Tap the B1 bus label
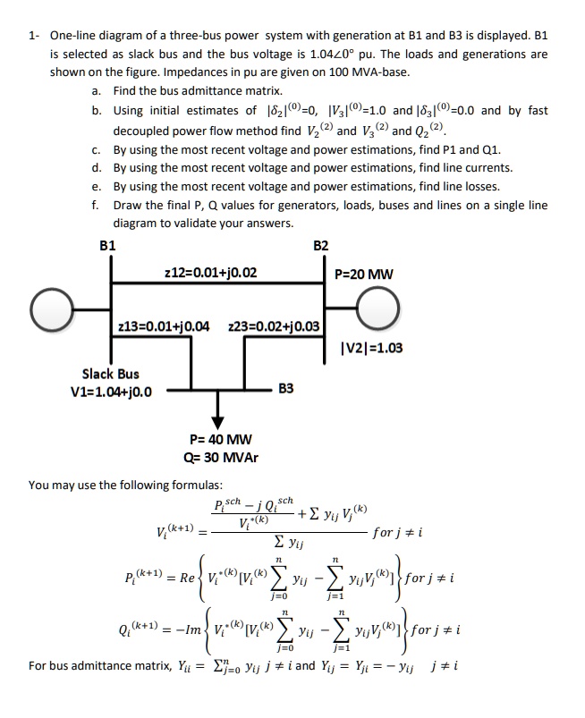pyautogui.click(x=107, y=243)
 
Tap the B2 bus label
pyautogui.click(x=321, y=243)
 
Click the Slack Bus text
pyautogui.click(x=110, y=374)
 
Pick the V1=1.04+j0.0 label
pyautogui.click(x=110, y=391)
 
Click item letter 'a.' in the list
pyautogui.click(x=96, y=91)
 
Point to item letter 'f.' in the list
pyautogui.click(x=95, y=205)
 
